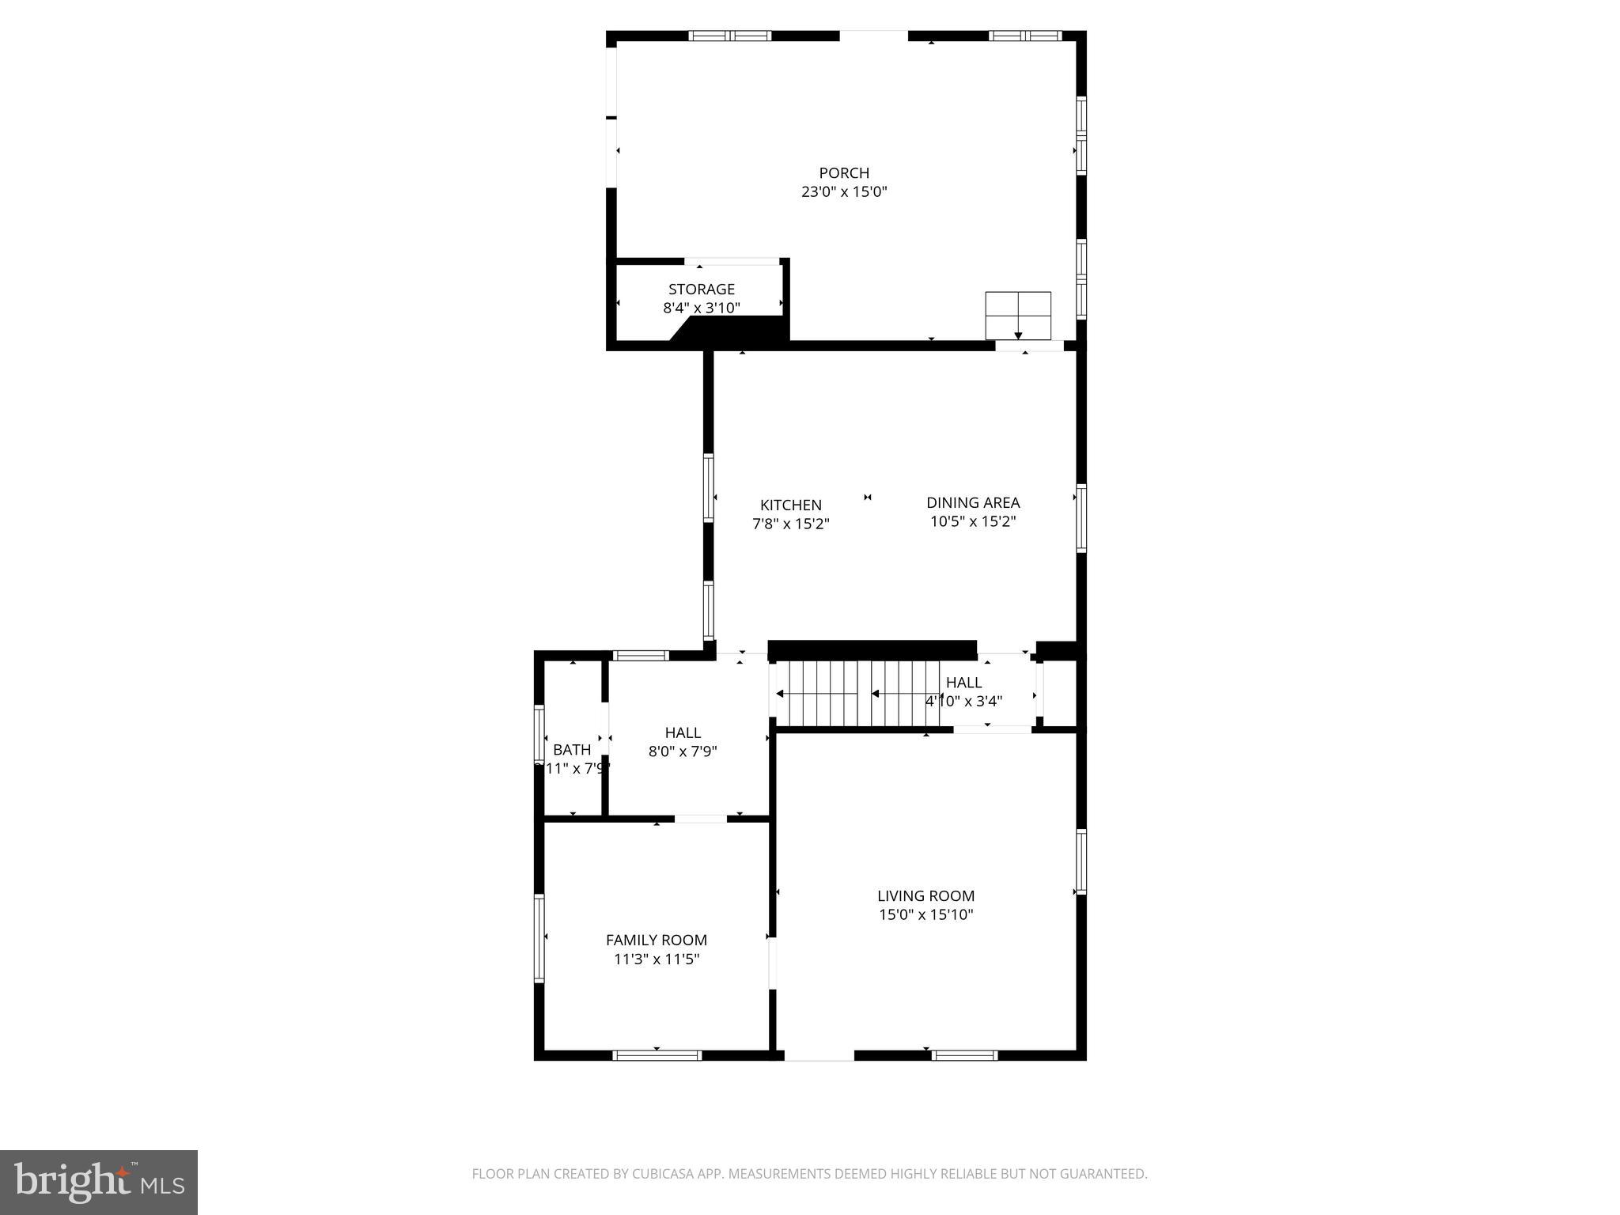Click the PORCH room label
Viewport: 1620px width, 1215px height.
pyautogui.click(x=843, y=172)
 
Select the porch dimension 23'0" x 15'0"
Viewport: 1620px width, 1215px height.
pyautogui.click(x=843, y=192)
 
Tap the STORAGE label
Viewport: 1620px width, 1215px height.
pyautogui.click(x=701, y=290)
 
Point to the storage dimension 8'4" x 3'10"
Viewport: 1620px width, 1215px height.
pyautogui.click(x=701, y=308)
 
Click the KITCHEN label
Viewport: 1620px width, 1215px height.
pyautogui.click(x=790, y=505)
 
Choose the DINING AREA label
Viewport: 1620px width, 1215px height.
pyautogui.click(x=972, y=502)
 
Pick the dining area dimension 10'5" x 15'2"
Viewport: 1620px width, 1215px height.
pyautogui.click(x=972, y=522)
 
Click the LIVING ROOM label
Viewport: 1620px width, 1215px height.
pyautogui.click(x=925, y=895)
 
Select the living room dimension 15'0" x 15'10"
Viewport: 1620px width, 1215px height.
pyautogui.click(x=925, y=915)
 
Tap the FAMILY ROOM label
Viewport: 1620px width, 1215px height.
pyautogui.click(x=656, y=940)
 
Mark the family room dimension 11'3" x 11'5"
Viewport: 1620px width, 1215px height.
pyautogui.click(x=656, y=960)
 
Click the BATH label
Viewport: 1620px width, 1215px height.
pyautogui.click(x=571, y=750)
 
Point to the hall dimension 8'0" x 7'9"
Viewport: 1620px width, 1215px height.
pyautogui.click(x=682, y=751)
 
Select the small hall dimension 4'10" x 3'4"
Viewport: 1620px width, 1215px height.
pyautogui.click(x=963, y=701)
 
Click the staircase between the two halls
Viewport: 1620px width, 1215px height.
pyautogui.click(x=854, y=694)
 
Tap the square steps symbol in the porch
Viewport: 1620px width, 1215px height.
pyautogui.click(x=1017, y=315)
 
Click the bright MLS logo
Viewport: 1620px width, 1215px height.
pyautogui.click(x=98, y=1182)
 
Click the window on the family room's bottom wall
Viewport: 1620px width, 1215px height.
pyautogui.click(x=657, y=1055)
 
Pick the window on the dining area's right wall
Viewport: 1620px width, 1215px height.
pyautogui.click(x=1081, y=518)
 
